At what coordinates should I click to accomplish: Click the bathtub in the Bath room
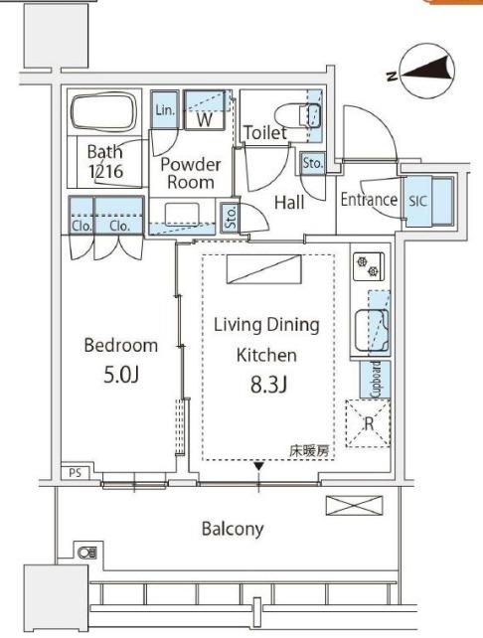103,111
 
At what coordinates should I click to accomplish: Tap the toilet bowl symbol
297,115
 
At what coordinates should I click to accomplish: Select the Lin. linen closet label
165,110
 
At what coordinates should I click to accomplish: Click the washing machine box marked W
205,110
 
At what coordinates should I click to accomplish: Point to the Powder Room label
191,173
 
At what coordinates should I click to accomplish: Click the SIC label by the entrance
417,201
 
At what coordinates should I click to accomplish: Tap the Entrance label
369,200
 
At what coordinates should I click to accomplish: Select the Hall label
289,202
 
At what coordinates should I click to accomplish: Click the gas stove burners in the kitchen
369,266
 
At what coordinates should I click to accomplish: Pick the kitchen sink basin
372,330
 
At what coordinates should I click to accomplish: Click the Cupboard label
375,380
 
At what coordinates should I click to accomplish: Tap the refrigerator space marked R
368,423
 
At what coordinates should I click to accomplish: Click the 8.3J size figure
269,385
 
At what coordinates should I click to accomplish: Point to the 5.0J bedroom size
121,375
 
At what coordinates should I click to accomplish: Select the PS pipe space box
76,473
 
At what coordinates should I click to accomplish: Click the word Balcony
233,529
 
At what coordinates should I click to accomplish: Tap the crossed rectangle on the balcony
355,506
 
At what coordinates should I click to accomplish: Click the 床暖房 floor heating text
308,451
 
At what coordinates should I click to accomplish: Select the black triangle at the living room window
259,466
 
